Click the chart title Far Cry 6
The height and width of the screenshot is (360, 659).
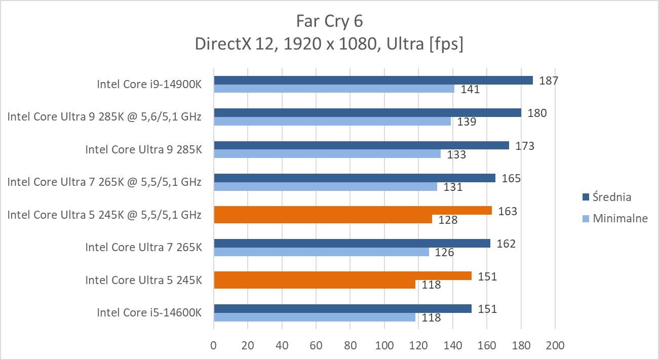tap(329, 21)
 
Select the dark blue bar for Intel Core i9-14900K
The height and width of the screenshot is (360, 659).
tap(373, 80)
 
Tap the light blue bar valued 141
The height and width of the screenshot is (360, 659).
tap(334, 89)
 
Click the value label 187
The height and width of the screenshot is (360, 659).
tap(549, 80)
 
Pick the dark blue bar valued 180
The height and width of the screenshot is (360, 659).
tap(367, 113)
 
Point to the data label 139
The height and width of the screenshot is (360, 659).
tap(467, 122)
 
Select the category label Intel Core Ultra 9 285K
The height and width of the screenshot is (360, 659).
tap(143, 149)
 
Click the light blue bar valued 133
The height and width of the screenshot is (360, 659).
tap(327, 154)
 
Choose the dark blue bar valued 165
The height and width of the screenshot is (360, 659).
tap(355, 178)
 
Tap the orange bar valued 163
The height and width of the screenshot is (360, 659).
tap(353, 211)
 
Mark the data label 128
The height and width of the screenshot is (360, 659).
tap(448, 220)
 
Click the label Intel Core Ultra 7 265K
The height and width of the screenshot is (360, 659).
tap(143, 248)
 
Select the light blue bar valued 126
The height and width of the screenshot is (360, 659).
tap(321, 252)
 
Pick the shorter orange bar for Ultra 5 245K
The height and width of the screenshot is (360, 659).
tap(314, 285)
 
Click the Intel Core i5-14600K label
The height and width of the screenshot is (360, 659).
tap(149, 313)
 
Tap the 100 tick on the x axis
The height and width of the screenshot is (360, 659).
tap(384, 346)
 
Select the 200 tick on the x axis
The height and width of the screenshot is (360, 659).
tap(555, 346)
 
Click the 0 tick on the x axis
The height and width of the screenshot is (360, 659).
tap(214, 346)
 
